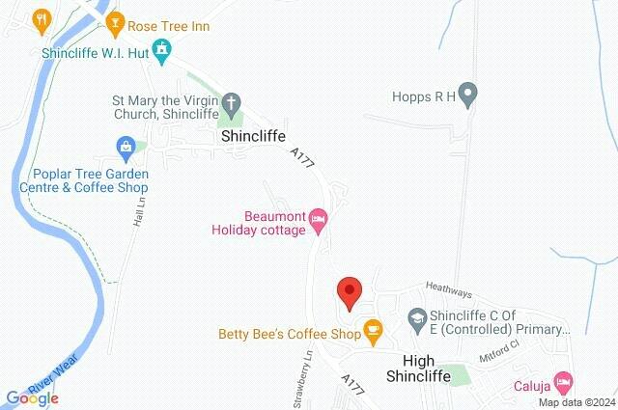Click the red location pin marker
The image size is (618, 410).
pyautogui.click(x=349, y=290)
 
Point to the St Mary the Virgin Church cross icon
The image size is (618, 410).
pyautogui.click(x=231, y=100)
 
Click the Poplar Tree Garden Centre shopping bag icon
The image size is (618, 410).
pyautogui.click(x=125, y=148)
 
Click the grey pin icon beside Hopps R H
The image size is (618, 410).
pyautogui.click(x=468, y=95)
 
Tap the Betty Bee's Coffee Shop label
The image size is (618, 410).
pyautogui.click(x=288, y=335)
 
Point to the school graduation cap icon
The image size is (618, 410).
pyautogui.click(x=416, y=316)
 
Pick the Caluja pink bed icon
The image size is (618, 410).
pyautogui.click(x=565, y=379)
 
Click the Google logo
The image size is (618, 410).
pyautogui.click(x=32, y=396)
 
